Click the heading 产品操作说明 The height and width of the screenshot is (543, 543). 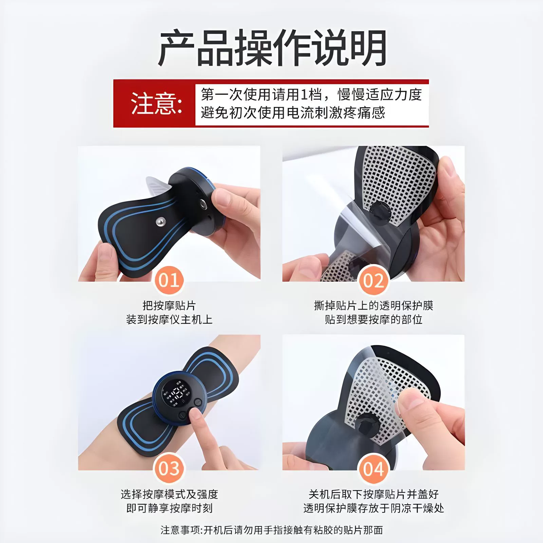(x=272, y=48)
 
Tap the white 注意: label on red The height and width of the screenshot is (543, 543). (x=156, y=103)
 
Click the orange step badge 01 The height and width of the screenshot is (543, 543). (x=169, y=281)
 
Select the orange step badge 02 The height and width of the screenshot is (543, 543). (x=373, y=281)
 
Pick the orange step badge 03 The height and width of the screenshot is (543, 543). (x=169, y=469)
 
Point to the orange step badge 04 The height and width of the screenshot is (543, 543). (x=373, y=469)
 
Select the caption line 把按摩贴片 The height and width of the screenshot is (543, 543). (x=169, y=305)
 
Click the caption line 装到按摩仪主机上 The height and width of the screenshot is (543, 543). (x=169, y=319)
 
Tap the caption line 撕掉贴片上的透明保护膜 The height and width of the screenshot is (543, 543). (x=374, y=305)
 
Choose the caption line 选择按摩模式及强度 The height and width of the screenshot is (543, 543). (x=169, y=494)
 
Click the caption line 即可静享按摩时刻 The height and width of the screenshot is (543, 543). (x=169, y=508)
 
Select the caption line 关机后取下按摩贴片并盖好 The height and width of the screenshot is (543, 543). (x=374, y=494)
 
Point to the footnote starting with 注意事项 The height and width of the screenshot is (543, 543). (x=272, y=530)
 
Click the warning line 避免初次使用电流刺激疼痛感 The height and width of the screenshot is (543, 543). (x=293, y=113)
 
